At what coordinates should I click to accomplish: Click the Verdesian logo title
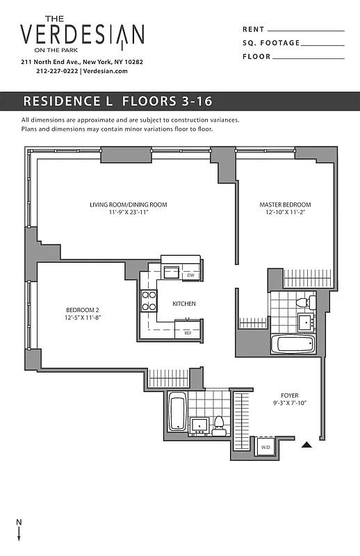(x=82, y=35)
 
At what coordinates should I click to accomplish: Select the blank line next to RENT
(x=306, y=31)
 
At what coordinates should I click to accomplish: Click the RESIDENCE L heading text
(x=68, y=101)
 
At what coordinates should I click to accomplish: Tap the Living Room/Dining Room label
(x=129, y=205)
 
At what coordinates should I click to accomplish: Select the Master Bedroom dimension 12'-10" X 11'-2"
(x=285, y=213)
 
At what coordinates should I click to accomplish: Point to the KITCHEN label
(x=184, y=304)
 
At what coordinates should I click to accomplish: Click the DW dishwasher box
(x=191, y=276)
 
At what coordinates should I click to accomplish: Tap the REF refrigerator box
(x=188, y=333)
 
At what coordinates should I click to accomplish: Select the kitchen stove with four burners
(x=149, y=300)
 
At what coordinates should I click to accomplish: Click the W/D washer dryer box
(x=264, y=448)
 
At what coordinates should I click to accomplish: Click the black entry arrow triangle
(x=305, y=445)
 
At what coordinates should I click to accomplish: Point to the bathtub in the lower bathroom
(x=177, y=411)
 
